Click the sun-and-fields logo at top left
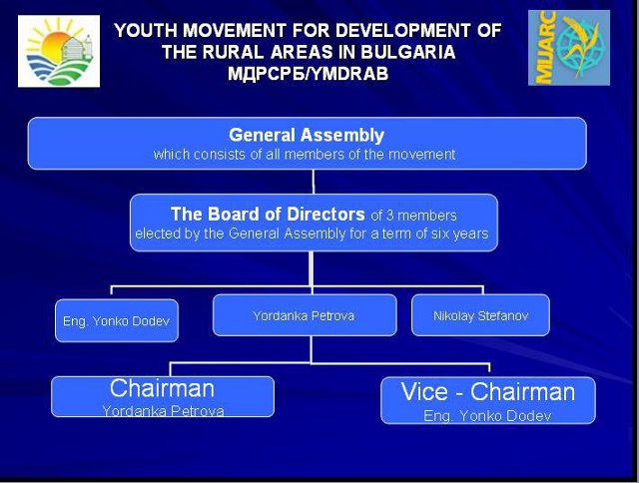point(59,51)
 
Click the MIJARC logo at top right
point(569,48)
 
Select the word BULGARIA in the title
point(408,52)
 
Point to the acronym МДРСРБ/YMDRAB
point(308,74)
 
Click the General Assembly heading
point(307,135)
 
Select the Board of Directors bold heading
point(268,215)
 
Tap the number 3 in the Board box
point(390,216)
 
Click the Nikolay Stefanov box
point(480,315)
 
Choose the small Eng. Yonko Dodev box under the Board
point(117,320)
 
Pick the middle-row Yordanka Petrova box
point(305,315)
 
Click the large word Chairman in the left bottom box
point(162,388)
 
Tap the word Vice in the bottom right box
point(424,392)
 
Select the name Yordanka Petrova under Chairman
point(163,411)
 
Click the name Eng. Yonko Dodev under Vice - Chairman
point(487,416)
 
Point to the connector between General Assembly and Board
point(313,182)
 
